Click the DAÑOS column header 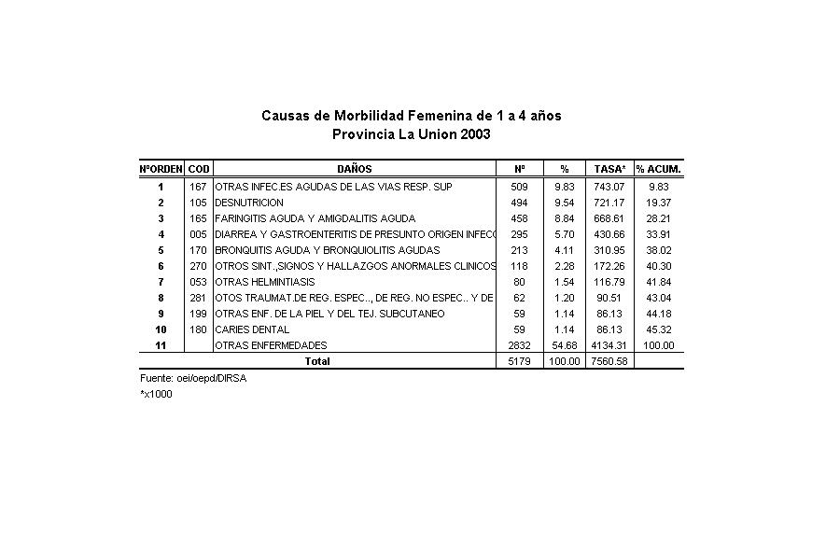click(354, 169)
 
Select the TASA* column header click(610, 169)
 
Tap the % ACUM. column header click(659, 169)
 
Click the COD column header click(199, 169)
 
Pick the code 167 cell click(198, 187)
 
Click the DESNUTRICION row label click(249, 203)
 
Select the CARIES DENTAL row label click(252, 329)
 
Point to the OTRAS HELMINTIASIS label click(264, 282)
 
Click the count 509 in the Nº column click(519, 187)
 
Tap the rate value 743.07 click(610, 187)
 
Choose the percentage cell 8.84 click(565, 218)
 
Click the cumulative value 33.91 click(659, 234)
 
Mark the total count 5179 click(519, 361)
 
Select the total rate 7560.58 click(610, 361)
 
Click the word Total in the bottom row click(318, 361)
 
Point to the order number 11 click(161, 345)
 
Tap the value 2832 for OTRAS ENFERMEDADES click(519, 345)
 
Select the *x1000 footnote click(156, 394)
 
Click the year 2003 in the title click(474, 134)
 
